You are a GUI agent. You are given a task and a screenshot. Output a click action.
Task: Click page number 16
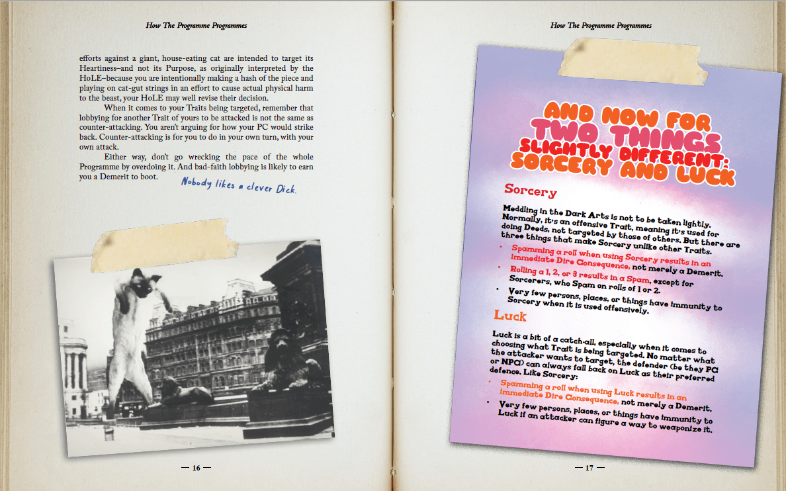(196, 468)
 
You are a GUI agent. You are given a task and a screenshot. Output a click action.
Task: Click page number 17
(589, 468)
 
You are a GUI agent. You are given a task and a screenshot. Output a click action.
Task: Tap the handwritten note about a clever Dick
(239, 186)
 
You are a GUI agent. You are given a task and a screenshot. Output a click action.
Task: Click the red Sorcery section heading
(530, 191)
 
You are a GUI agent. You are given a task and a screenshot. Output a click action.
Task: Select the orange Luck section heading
(510, 316)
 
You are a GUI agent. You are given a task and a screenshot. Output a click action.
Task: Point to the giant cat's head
(141, 283)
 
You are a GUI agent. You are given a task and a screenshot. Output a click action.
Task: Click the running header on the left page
(196, 25)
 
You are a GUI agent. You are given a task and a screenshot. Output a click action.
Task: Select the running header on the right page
(601, 25)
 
